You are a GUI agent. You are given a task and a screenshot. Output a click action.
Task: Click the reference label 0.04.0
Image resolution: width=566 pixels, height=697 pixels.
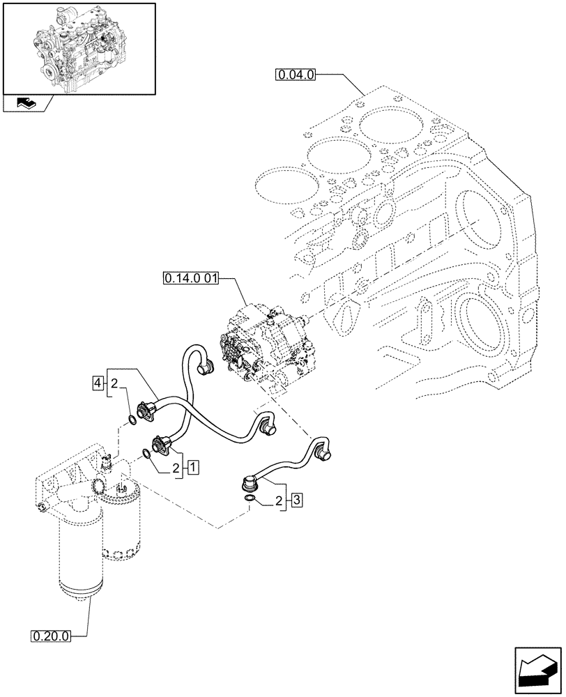296,73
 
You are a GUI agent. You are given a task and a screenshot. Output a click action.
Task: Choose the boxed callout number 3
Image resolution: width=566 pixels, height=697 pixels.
296,500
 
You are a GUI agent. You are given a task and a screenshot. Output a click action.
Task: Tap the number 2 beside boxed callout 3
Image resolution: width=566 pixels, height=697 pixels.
280,500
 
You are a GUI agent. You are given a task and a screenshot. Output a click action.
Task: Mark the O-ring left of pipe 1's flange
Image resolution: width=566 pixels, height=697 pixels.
145,454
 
